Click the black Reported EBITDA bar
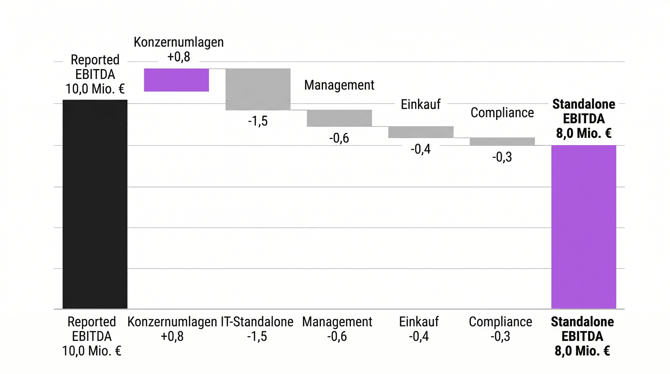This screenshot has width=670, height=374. pyautogui.click(x=95, y=204)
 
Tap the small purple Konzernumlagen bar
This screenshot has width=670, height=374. pyautogui.click(x=176, y=80)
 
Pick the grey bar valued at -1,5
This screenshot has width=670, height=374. pyautogui.click(x=258, y=89)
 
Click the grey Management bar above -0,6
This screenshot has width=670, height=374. pyautogui.click(x=339, y=118)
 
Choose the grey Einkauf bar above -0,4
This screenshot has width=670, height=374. pyautogui.click(x=421, y=132)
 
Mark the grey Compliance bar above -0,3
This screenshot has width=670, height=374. pyautogui.click(x=502, y=141)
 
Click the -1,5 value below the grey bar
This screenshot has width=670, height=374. pyautogui.click(x=258, y=121)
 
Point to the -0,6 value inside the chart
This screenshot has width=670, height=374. pyautogui.click(x=339, y=138)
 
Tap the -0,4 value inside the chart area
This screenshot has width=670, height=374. pyautogui.click(x=420, y=149)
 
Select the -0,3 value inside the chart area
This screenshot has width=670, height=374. pyautogui.click(x=502, y=157)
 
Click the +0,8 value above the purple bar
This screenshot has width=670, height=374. pyautogui.click(x=179, y=57)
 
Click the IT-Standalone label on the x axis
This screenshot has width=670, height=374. pyautogui.click(x=257, y=322)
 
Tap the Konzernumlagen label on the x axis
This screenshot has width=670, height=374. pyautogui.click(x=172, y=322)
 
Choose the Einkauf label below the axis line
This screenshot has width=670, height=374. pyautogui.click(x=419, y=322)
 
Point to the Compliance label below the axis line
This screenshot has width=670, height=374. pyautogui.click(x=500, y=322)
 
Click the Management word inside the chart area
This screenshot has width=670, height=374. pyautogui.click(x=339, y=85)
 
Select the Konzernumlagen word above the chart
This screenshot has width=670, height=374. pyautogui.click(x=179, y=42)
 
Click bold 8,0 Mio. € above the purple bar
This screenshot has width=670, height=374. pyautogui.click(x=584, y=133)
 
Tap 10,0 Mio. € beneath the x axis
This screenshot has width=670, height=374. pyautogui.click(x=92, y=351)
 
